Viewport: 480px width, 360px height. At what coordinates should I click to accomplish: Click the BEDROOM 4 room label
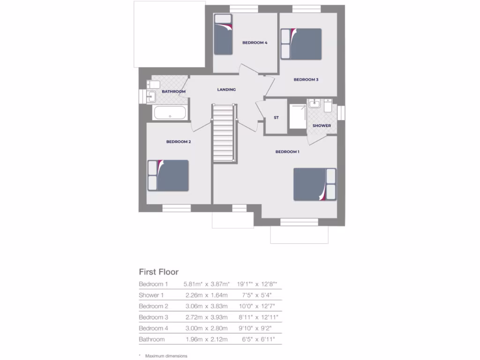[x=255, y=43]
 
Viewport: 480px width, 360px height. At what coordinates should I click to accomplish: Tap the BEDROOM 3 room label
[x=306, y=80]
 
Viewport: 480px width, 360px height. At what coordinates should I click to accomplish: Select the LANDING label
[x=226, y=90]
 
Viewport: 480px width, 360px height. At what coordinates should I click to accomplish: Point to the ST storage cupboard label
[x=276, y=118]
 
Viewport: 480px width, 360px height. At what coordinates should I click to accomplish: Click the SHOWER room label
[x=322, y=126]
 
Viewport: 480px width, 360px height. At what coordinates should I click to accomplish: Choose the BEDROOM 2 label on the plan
[x=178, y=142]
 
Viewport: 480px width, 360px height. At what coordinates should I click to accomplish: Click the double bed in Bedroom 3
[x=301, y=44]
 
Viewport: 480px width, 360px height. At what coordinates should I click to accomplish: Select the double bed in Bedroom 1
[x=315, y=184]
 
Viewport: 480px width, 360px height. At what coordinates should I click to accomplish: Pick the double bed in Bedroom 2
[x=168, y=176]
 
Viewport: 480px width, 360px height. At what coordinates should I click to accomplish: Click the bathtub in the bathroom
[x=170, y=113]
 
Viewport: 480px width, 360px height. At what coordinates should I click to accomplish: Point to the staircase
[x=223, y=133]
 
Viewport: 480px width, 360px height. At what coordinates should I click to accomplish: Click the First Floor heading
[x=158, y=272]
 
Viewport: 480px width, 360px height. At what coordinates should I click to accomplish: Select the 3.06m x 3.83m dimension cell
[x=205, y=306]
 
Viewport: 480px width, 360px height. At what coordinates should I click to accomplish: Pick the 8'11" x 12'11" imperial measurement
[x=258, y=317]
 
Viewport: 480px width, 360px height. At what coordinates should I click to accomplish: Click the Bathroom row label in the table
[x=151, y=339]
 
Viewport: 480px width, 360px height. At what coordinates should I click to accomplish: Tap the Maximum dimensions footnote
[x=166, y=356]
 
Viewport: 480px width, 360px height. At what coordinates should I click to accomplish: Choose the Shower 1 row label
[x=151, y=295]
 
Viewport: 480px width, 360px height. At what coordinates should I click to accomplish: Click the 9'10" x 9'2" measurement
[x=256, y=328]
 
